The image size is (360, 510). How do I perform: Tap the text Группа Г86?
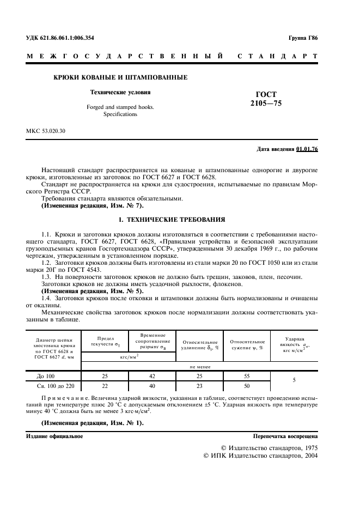coord(303,38)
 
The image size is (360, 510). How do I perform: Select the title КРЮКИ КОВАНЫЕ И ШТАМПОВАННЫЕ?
coord(120,77)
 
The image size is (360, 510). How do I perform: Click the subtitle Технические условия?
coord(120,92)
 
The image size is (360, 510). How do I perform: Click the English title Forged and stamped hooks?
coord(120,107)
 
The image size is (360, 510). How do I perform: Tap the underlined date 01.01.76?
coord(307,149)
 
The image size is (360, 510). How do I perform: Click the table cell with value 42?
coord(151,376)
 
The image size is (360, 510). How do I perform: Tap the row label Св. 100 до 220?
coord(53,386)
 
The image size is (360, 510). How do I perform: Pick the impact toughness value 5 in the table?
coord(294,381)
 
